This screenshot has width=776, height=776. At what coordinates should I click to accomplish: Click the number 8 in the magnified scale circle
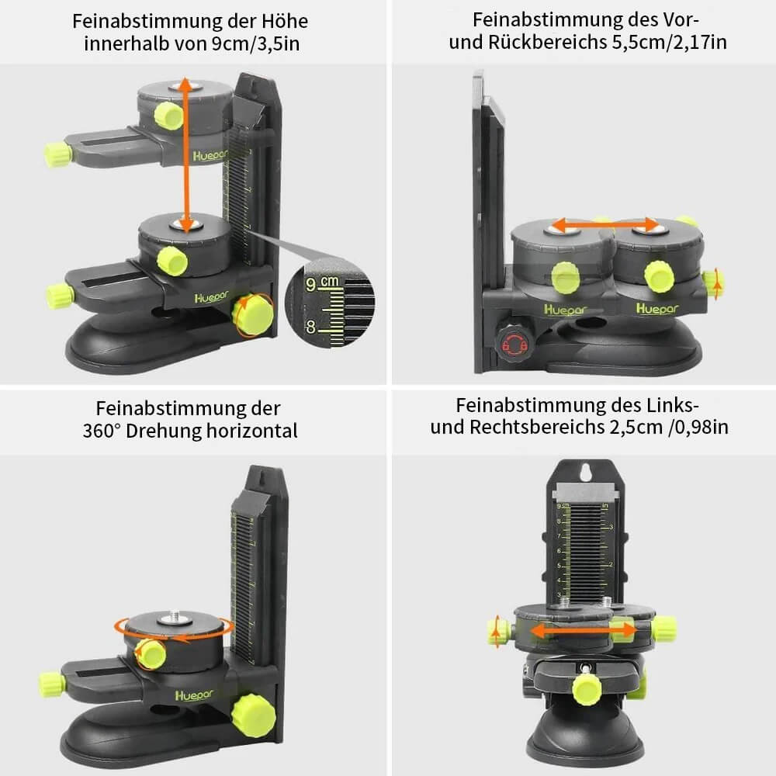310,327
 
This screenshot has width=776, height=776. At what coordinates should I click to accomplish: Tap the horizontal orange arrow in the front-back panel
602,226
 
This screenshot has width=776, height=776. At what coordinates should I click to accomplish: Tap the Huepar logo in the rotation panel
191,693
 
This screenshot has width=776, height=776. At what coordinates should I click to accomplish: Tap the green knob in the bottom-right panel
587,688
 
